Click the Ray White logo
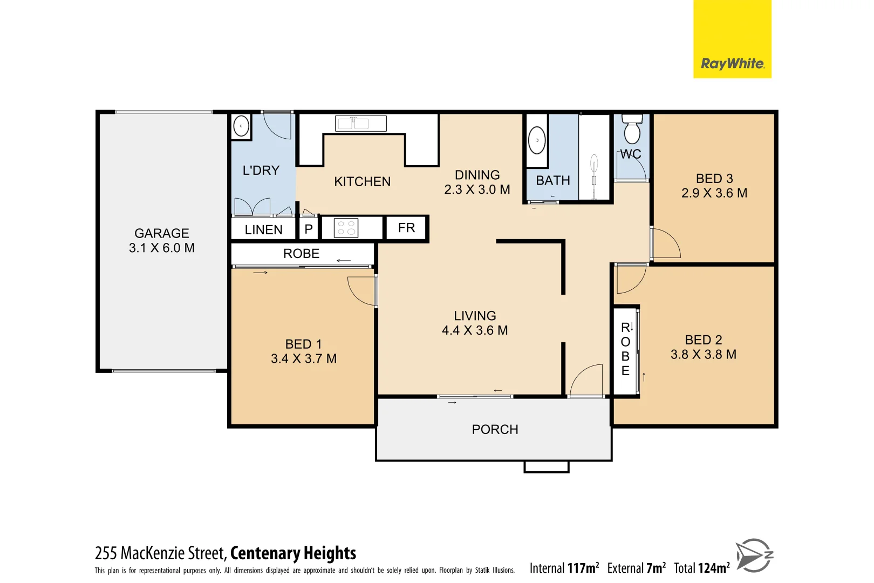(732, 64)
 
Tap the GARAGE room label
(161, 233)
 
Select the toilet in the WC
(632, 130)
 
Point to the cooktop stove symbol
(346, 228)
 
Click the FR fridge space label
(406, 228)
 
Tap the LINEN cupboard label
(263, 230)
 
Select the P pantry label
(309, 229)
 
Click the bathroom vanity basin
(537, 140)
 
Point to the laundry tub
(241, 127)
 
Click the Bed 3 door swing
(665, 244)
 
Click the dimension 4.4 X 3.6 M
(475, 330)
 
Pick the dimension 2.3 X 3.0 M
(477, 189)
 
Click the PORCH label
(495, 430)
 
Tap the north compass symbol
(754, 555)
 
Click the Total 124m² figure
(701, 568)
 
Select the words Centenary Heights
(293, 553)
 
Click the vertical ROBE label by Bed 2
(625, 349)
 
